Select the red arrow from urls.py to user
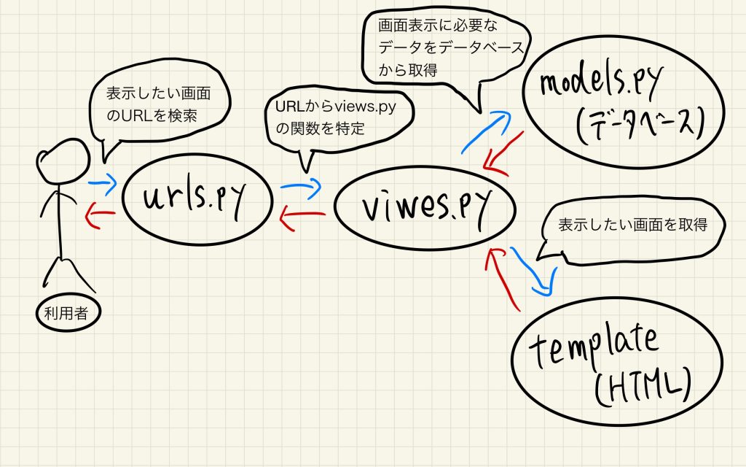coord(101,212)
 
